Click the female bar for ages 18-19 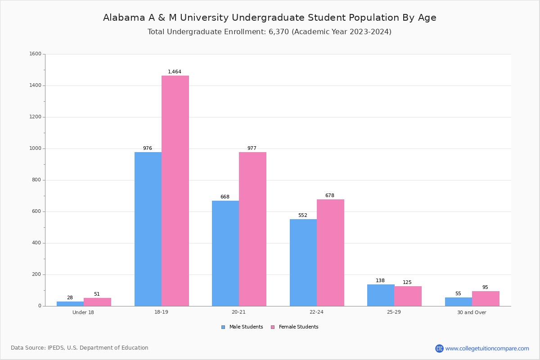(x=175, y=191)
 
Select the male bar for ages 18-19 (x=148, y=229)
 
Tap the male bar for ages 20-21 (x=225, y=253)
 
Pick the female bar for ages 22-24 (x=330, y=253)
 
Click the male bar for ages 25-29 (x=381, y=295)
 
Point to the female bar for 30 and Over (x=486, y=299)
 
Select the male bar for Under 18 (x=70, y=304)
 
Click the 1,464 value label (x=175, y=72)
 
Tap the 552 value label (x=303, y=215)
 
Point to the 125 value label (x=407, y=282)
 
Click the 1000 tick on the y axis (x=36, y=148)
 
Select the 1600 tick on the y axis (x=36, y=54)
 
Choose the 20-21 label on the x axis (x=238, y=312)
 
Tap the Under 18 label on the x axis (x=83, y=312)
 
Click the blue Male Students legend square (x=223, y=327)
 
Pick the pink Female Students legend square (x=273, y=327)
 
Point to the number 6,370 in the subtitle (x=279, y=32)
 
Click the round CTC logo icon (x=439, y=348)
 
